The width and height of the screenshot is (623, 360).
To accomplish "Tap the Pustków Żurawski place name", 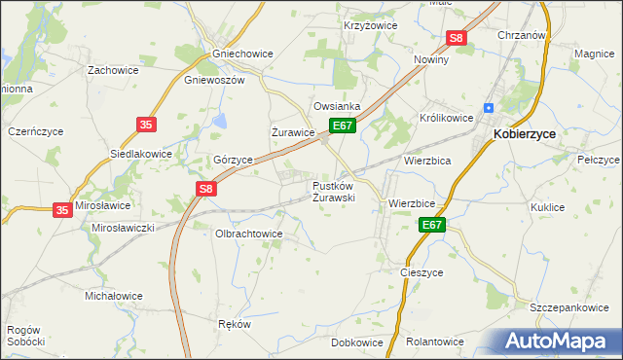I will click(x=333, y=191).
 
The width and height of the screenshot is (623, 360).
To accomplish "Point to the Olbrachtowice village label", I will click(x=248, y=234).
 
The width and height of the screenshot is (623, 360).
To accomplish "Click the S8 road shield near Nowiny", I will click(x=458, y=38).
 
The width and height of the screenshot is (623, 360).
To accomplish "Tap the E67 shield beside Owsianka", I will click(x=342, y=126).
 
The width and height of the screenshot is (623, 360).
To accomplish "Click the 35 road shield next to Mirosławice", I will click(x=62, y=209).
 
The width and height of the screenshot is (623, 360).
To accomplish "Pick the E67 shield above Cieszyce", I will click(x=433, y=226).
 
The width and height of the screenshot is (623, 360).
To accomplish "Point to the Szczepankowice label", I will click(x=569, y=307).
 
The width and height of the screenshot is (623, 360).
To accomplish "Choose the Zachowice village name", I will click(x=113, y=70).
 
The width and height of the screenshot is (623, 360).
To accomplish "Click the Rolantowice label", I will click(x=435, y=342).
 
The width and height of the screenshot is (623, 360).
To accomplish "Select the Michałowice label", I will click(x=114, y=296).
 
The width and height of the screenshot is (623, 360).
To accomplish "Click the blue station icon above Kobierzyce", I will click(x=491, y=107).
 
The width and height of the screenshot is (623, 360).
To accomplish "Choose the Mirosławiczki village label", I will click(x=124, y=227).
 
